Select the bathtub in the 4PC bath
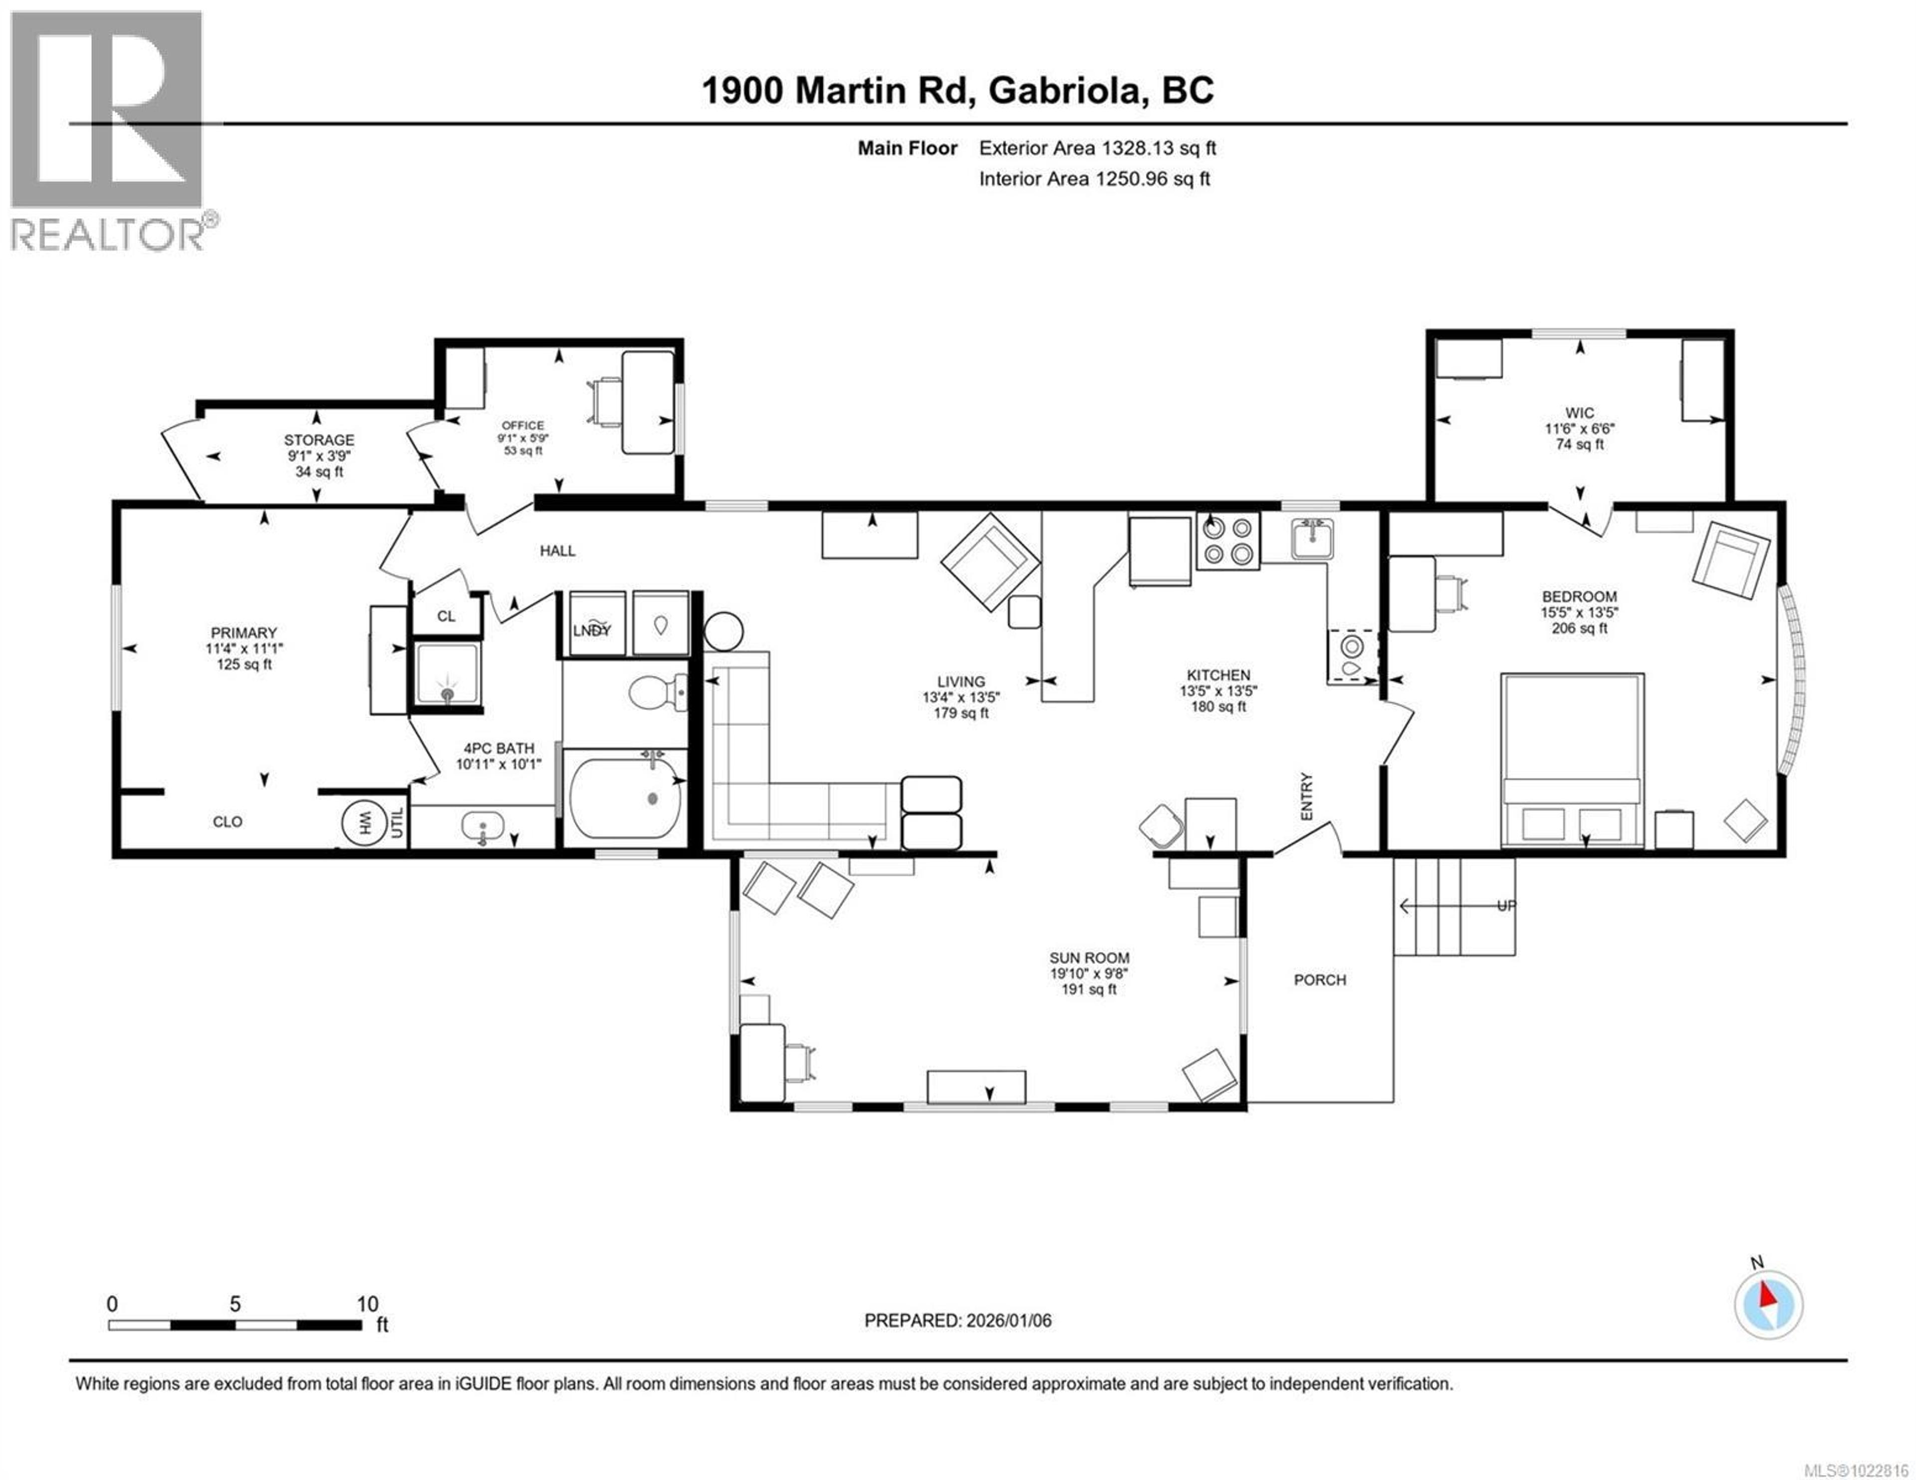coord(625,798)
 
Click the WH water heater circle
coord(364,823)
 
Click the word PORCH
coord(1319,980)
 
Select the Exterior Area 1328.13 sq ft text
coord(1097,148)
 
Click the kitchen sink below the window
coord(1312,538)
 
